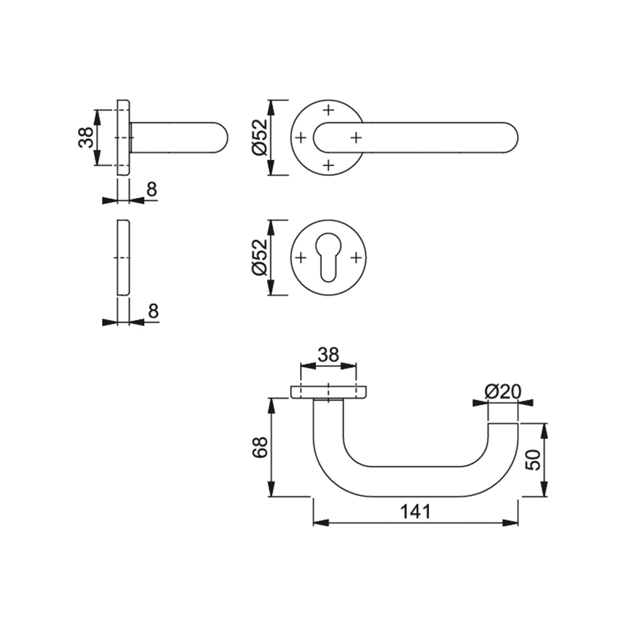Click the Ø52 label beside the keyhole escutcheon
pyautogui.click(x=259, y=257)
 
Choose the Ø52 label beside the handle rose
pyautogui.click(x=259, y=137)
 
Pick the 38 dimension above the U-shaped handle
pyautogui.click(x=328, y=355)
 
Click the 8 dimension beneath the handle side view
pyautogui.click(x=151, y=190)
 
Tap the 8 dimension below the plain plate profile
pyautogui.click(x=152, y=311)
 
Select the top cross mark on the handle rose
pyautogui.click(x=328, y=110)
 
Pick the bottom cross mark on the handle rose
pyautogui.click(x=328, y=165)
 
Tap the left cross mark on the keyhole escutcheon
pyautogui.click(x=300, y=258)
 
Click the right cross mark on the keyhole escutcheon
pyautogui.click(x=356, y=258)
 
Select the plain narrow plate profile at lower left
pyautogui.click(x=124, y=258)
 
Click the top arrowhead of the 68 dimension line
pyautogui.click(x=271, y=403)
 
